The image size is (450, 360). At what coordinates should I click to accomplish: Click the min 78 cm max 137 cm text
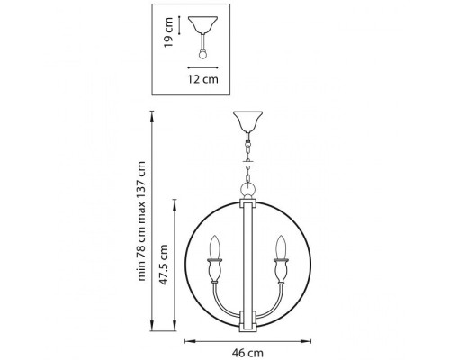click(x=140, y=220)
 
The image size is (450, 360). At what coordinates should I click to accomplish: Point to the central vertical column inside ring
click(x=249, y=261)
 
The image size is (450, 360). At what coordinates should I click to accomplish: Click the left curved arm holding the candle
click(x=221, y=302)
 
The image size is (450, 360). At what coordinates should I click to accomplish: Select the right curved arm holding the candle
click(x=276, y=302)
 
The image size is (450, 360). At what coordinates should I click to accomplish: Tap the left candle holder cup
click(x=216, y=270)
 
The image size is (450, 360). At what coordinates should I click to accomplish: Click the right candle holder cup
click(x=282, y=270)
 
